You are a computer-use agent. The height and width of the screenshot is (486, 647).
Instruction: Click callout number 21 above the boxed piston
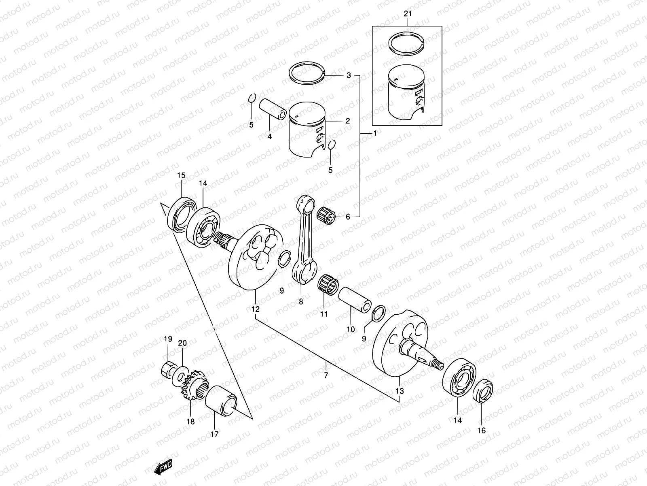[x=407, y=14]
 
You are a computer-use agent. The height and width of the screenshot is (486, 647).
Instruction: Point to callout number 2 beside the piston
[x=347, y=121]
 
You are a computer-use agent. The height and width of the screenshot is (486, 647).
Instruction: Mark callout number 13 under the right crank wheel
[x=400, y=391]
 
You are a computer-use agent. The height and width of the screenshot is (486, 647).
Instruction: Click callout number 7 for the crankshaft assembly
[x=326, y=375]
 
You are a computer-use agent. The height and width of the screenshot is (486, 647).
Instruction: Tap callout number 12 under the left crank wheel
[x=256, y=309]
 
